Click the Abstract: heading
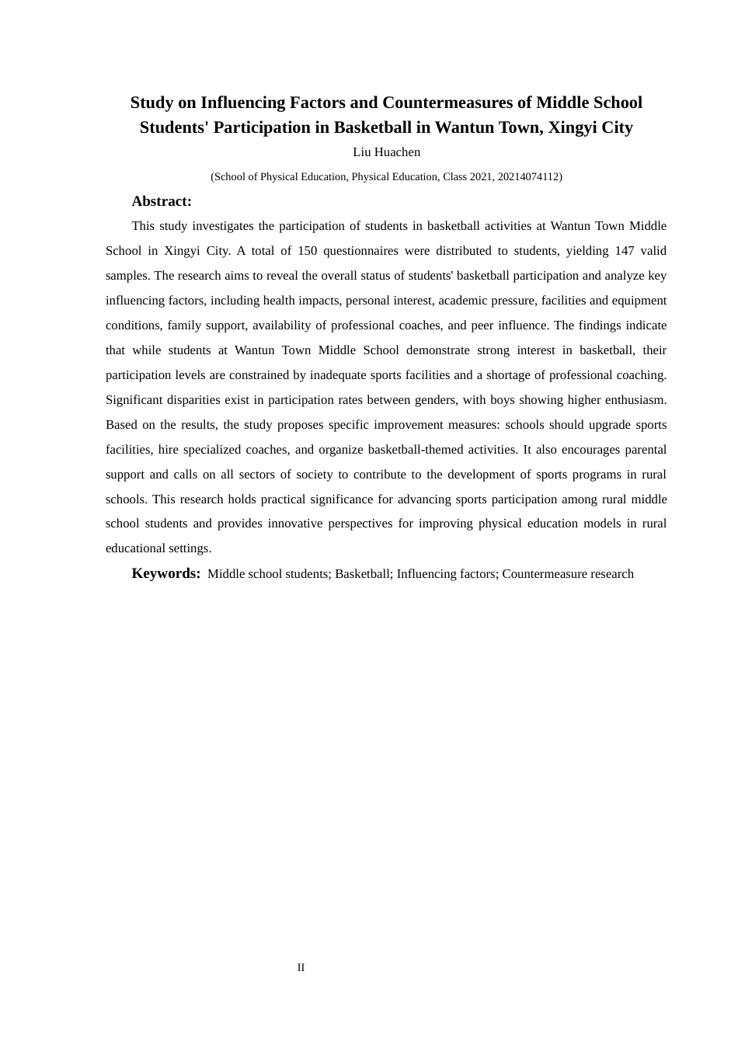[162, 201]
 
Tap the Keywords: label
[166, 573]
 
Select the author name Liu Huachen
[386, 152]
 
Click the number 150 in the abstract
[308, 251]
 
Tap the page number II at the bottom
[301, 967]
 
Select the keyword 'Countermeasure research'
[568, 574]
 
